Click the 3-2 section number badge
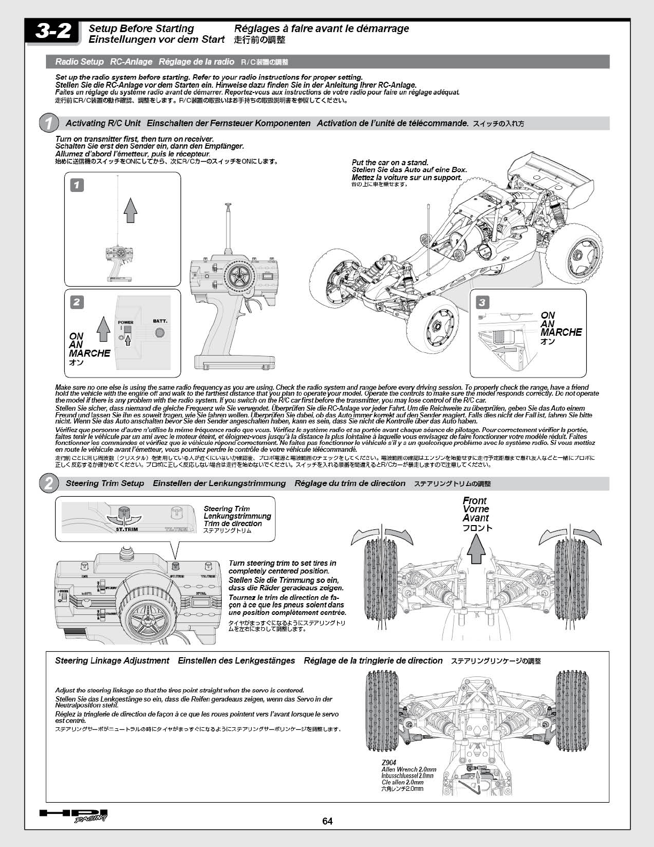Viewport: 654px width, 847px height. point(53,32)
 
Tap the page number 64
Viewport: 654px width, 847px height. point(327,821)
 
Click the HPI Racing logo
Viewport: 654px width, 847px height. point(74,815)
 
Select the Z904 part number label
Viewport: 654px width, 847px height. point(389,763)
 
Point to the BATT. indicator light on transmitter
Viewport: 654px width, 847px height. point(159,333)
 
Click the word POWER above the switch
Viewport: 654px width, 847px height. point(126,323)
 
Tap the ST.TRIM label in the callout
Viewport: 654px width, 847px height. point(127,529)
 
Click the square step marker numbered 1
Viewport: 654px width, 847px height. point(77,185)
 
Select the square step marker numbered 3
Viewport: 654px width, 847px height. point(482,303)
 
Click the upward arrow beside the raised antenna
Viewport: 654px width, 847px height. point(130,209)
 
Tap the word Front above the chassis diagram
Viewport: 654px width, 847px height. point(474,501)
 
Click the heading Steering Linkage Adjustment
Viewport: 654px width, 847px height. point(112,661)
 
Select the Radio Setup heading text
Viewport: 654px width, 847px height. point(80,62)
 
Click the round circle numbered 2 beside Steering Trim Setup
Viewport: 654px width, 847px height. point(49,484)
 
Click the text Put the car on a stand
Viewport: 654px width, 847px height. point(390,163)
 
